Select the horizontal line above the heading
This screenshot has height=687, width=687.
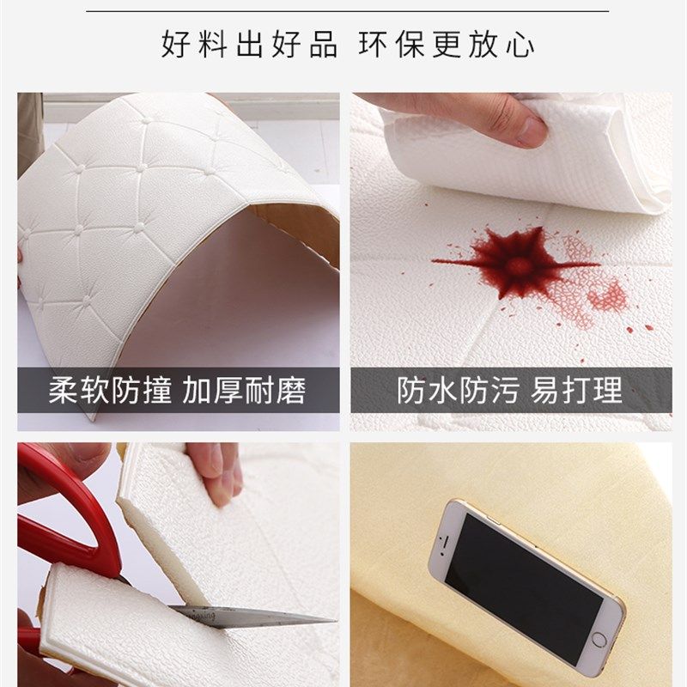(343, 11)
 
